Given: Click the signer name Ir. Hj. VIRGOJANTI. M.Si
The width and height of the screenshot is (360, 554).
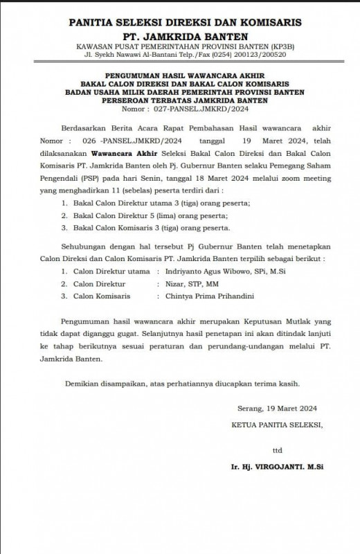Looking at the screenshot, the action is click(278, 467).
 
